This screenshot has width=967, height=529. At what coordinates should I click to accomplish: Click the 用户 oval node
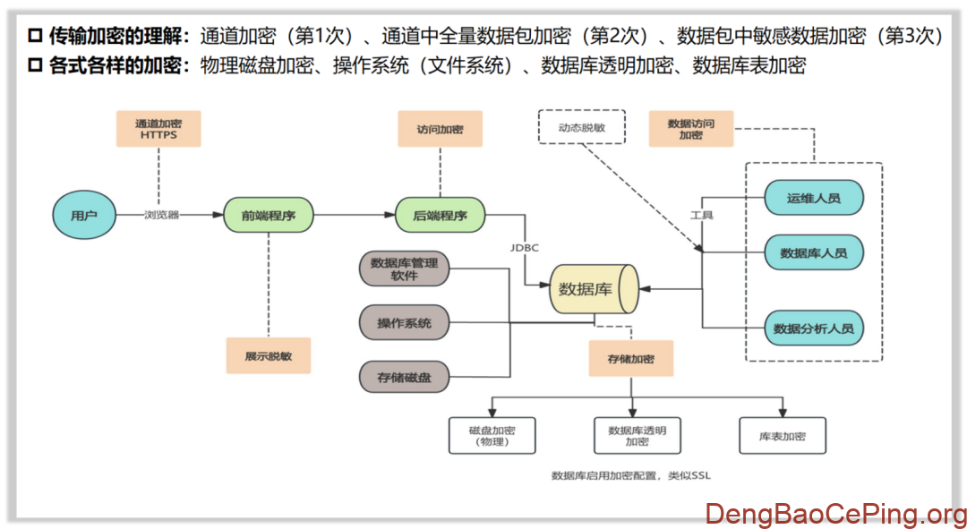(83, 215)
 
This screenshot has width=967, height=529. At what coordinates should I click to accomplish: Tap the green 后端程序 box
(441, 215)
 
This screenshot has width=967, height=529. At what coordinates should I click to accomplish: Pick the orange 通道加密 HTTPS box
(158, 129)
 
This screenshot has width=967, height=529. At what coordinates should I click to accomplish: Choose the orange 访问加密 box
(440, 129)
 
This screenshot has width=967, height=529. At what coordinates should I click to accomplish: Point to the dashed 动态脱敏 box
(581, 127)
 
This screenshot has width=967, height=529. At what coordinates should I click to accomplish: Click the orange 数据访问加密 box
(690, 129)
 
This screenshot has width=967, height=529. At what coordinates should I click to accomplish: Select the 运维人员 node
(813, 198)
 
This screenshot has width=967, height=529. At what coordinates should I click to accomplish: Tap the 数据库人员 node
(813, 253)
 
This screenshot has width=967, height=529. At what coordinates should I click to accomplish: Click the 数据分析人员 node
(813, 328)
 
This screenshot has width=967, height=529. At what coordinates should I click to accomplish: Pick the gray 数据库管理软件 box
(404, 269)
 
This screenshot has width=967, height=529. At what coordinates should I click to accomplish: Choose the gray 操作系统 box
(404, 322)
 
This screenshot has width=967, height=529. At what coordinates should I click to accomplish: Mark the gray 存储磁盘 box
(404, 377)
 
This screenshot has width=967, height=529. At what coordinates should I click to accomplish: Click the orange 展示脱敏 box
(268, 355)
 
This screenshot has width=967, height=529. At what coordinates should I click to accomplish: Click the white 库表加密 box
(782, 436)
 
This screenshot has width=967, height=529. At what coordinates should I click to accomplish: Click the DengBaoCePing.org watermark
(835, 514)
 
